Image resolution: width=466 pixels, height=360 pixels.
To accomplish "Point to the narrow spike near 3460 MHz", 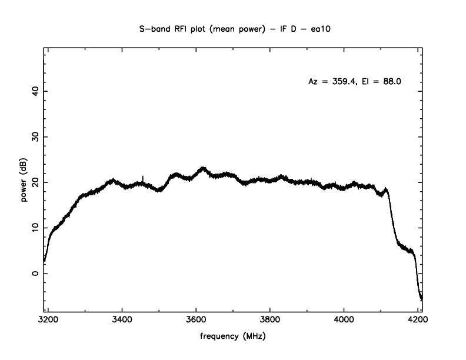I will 143,178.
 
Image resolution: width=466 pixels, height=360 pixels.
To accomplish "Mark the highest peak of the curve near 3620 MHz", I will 202,168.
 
